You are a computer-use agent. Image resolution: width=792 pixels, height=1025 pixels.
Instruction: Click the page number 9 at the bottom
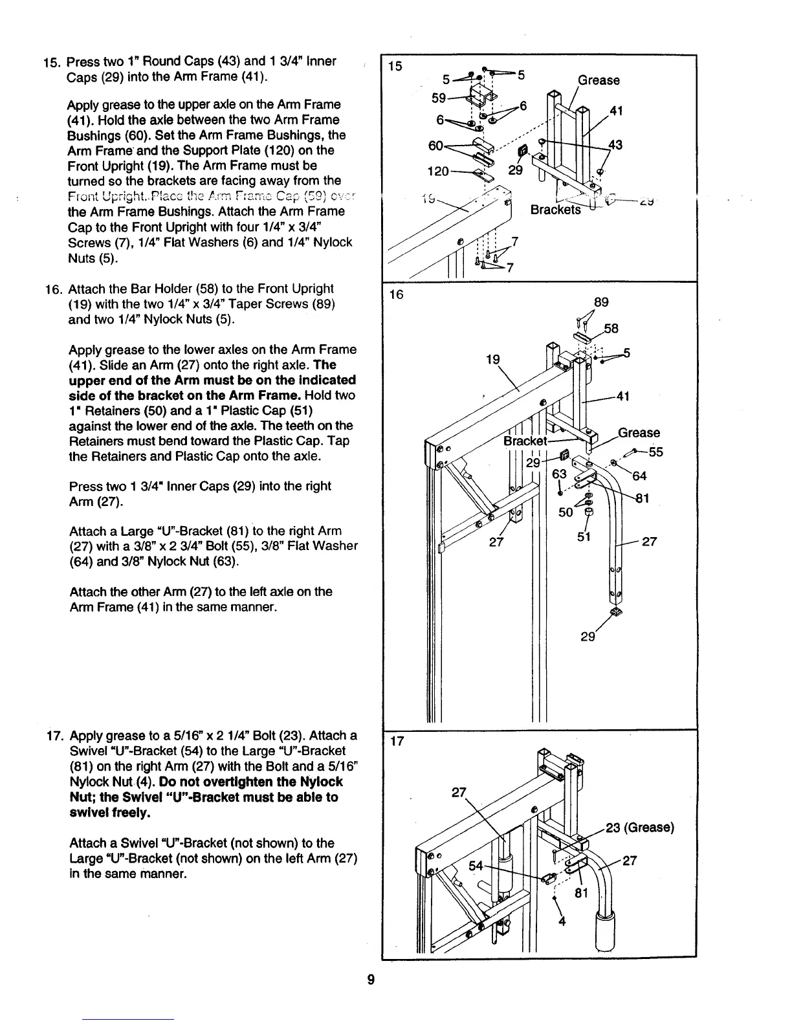pyautogui.click(x=371, y=979)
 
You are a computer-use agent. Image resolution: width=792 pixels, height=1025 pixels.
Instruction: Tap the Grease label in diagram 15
pyautogui.click(x=599, y=80)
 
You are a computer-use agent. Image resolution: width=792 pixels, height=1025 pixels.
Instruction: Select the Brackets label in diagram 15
pyautogui.click(x=555, y=210)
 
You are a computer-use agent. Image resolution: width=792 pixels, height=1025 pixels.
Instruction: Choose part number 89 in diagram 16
pyautogui.click(x=601, y=302)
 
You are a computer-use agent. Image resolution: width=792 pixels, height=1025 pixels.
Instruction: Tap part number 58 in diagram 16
pyautogui.click(x=611, y=329)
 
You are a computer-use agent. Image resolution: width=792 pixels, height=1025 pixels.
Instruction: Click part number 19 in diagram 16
pyautogui.click(x=493, y=359)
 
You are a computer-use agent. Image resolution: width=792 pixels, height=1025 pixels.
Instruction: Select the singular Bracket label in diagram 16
pyautogui.click(x=525, y=441)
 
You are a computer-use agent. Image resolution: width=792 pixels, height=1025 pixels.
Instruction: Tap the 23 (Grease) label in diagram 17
pyautogui.click(x=639, y=828)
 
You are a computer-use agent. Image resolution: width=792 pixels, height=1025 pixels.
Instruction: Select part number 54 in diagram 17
pyautogui.click(x=476, y=865)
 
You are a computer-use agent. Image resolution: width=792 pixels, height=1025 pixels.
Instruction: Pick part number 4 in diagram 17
pyautogui.click(x=562, y=921)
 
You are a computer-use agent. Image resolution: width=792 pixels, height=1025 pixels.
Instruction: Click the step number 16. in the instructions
pyautogui.click(x=54, y=289)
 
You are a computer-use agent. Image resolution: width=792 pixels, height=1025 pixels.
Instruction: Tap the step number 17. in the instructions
pyautogui.click(x=54, y=736)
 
